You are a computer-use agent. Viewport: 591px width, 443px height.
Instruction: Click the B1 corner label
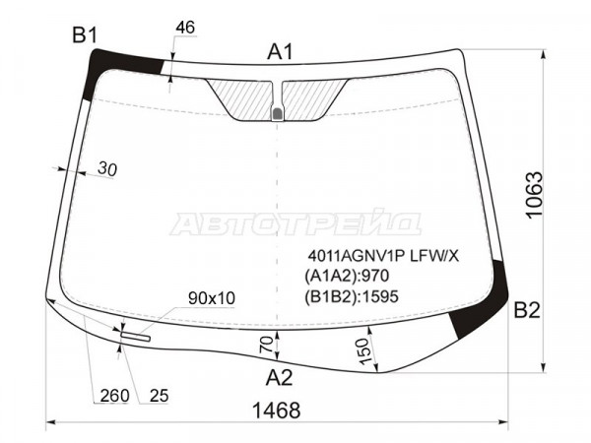85,35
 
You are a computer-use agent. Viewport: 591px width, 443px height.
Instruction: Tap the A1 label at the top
280,51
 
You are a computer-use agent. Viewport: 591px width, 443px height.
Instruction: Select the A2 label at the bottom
279,377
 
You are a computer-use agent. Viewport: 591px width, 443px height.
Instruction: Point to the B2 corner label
527,310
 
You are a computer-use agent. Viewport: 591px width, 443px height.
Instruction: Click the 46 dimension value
185,28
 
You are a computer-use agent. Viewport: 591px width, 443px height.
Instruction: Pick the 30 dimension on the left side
107,168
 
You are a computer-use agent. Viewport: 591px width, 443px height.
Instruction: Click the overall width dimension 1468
276,411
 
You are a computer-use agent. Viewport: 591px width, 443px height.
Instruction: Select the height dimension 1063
534,195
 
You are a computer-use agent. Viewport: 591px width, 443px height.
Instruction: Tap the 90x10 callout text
212,298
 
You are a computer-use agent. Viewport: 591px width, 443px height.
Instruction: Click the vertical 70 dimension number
267,345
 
